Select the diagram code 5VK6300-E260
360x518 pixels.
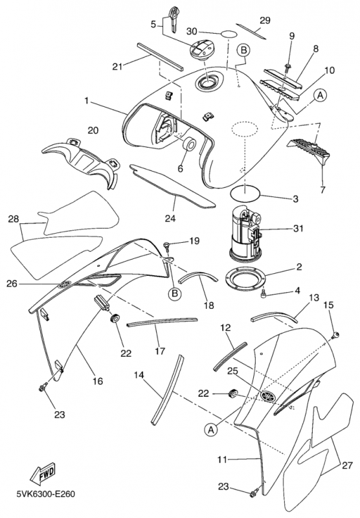(x=46, y=494)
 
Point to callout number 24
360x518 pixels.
(x=170, y=218)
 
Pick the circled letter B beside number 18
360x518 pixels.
(x=175, y=293)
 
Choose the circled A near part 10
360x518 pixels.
(x=320, y=95)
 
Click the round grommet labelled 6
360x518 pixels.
(x=189, y=144)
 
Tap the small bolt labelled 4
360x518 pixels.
(x=264, y=293)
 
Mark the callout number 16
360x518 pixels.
(x=98, y=381)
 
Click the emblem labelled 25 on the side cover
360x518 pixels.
(x=268, y=396)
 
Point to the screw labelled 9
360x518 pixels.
(x=288, y=67)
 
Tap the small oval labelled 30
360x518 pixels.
(x=229, y=34)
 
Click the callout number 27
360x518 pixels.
(x=347, y=466)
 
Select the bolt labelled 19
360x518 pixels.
(x=167, y=245)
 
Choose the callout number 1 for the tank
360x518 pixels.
(x=87, y=101)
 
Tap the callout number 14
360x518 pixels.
(x=139, y=375)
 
